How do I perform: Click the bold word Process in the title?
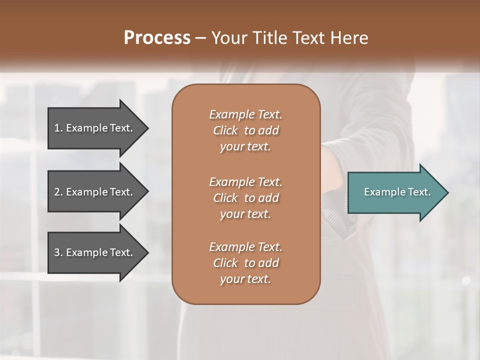pos(157,38)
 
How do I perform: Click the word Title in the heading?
pos(267,38)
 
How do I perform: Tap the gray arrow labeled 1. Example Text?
pos(95,128)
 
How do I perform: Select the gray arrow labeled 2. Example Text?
pos(95,192)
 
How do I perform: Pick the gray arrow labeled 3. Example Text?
pos(95,252)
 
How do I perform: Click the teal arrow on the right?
pos(395,192)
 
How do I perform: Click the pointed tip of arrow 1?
pos(147,128)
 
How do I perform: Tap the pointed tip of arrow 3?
pos(147,252)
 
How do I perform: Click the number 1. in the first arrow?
pos(58,128)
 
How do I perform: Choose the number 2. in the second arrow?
pos(58,192)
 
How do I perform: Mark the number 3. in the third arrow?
pos(58,252)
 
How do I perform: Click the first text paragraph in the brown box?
pos(245,130)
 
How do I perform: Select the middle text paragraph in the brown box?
pos(245,198)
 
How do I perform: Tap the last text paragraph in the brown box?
pos(245,263)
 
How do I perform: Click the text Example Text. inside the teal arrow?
pos(397,192)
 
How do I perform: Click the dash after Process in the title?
pos(200,38)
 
